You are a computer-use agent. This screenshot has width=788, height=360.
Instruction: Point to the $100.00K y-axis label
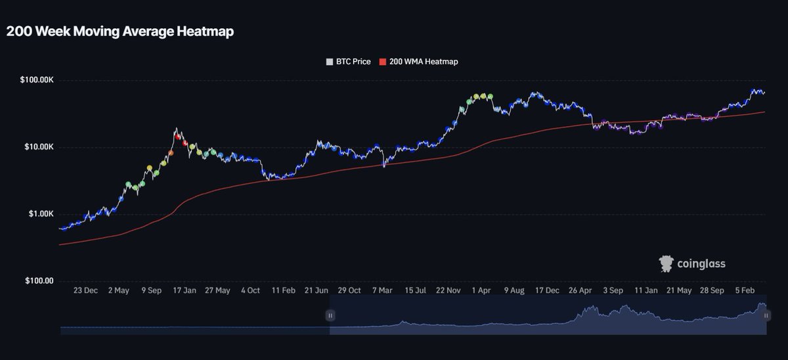(37, 80)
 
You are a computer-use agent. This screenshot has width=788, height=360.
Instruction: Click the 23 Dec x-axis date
(85, 290)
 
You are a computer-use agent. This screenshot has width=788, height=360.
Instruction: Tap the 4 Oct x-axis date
(250, 290)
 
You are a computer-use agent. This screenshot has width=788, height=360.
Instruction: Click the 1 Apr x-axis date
(481, 290)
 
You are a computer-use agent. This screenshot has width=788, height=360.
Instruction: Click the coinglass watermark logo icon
(667, 264)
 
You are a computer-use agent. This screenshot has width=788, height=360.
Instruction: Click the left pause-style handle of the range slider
(330, 315)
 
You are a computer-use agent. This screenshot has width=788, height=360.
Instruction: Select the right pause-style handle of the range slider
(766, 315)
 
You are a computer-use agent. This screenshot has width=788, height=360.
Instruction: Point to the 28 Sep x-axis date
(712, 290)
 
